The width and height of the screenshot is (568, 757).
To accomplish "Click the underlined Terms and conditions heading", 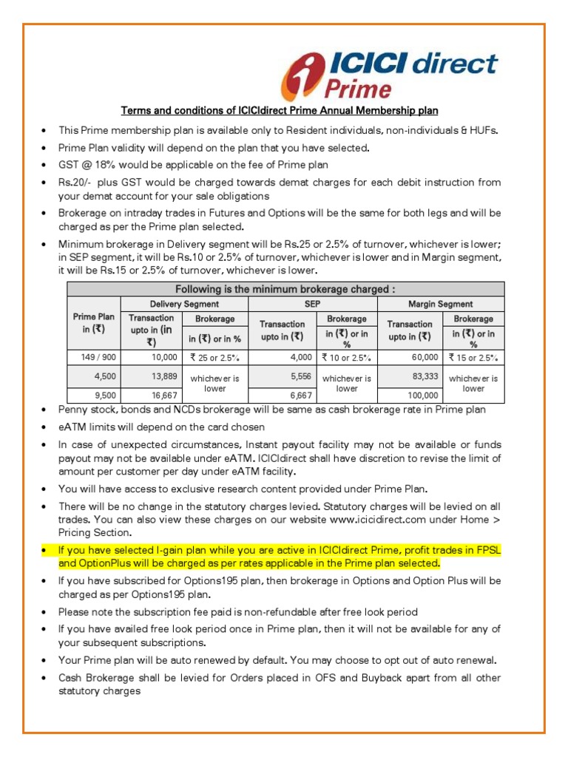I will (x=280, y=111).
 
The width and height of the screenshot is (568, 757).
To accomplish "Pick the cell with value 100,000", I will (x=408, y=395).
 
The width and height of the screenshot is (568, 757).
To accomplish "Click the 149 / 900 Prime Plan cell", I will (x=93, y=357).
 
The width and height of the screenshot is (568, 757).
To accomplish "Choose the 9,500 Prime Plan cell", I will (x=93, y=395).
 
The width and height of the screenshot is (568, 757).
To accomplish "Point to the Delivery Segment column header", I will (x=184, y=304).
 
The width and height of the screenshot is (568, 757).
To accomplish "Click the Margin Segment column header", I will (x=441, y=304).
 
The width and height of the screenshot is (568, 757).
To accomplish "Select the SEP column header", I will (x=312, y=304).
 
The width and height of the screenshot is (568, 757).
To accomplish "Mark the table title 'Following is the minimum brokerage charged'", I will (x=285, y=289).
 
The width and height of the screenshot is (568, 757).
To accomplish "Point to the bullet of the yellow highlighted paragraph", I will (x=46, y=551).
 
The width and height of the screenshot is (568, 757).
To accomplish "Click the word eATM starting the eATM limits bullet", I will (x=72, y=427).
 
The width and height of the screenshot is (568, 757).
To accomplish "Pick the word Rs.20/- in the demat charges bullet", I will (x=76, y=182).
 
